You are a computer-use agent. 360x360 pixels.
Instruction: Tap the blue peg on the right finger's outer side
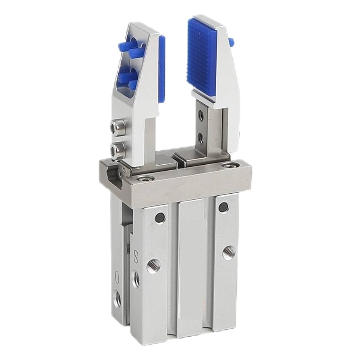click(x=231, y=41)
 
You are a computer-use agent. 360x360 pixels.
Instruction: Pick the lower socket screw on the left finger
click(x=117, y=150)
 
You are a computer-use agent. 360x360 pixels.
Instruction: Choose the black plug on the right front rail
click(x=222, y=208)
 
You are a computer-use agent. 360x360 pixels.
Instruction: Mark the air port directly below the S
click(x=136, y=279)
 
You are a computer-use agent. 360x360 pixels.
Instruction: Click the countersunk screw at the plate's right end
click(x=229, y=165)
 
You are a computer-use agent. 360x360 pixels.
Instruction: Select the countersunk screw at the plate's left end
click(x=141, y=178)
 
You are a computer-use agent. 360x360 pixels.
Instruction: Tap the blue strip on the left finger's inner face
click(x=161, y=68)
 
